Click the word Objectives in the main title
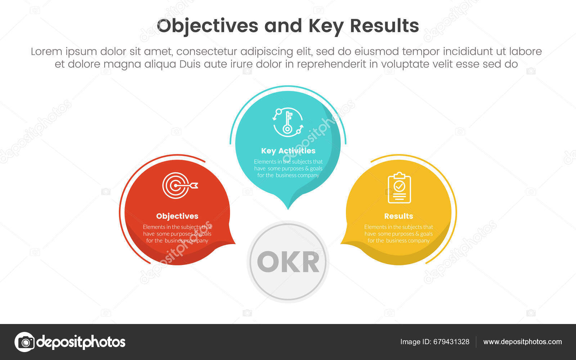point(207,26)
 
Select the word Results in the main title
point(384,26)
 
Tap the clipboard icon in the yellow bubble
point(399,188)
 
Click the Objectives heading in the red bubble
point(177,216)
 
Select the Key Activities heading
point(288,151)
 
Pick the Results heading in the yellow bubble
point(399,216)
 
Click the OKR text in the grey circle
point(288,262)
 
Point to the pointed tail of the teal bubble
point(288,206)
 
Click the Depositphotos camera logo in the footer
point(24,342)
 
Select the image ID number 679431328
point(451,342)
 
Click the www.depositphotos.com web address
point(522,342)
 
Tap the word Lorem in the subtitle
point(46,51)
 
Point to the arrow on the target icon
point(193,185)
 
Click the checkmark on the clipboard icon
point(399,186)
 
